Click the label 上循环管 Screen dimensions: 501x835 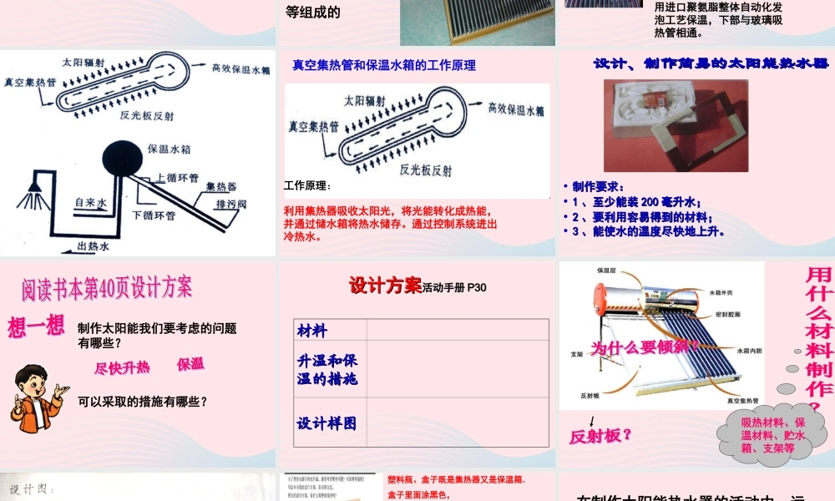pos(176,178)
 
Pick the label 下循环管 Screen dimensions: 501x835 pos(154,215)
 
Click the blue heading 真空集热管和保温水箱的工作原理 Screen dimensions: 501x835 pos(384,64)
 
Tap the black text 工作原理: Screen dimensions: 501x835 pos(307,185)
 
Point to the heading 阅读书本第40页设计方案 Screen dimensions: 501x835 pos(107,288)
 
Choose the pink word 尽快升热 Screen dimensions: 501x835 pos(122,367)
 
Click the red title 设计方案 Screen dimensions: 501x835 pos(385,286)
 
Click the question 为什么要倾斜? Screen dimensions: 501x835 pos(645,347)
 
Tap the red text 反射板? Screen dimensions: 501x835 pos(600,435)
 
